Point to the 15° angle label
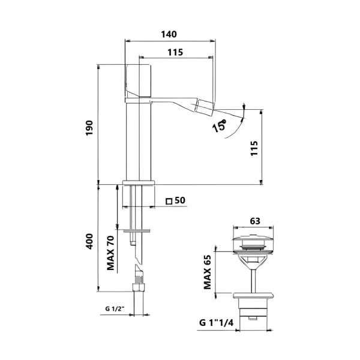219,126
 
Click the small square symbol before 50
169,200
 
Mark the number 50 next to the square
179,200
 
